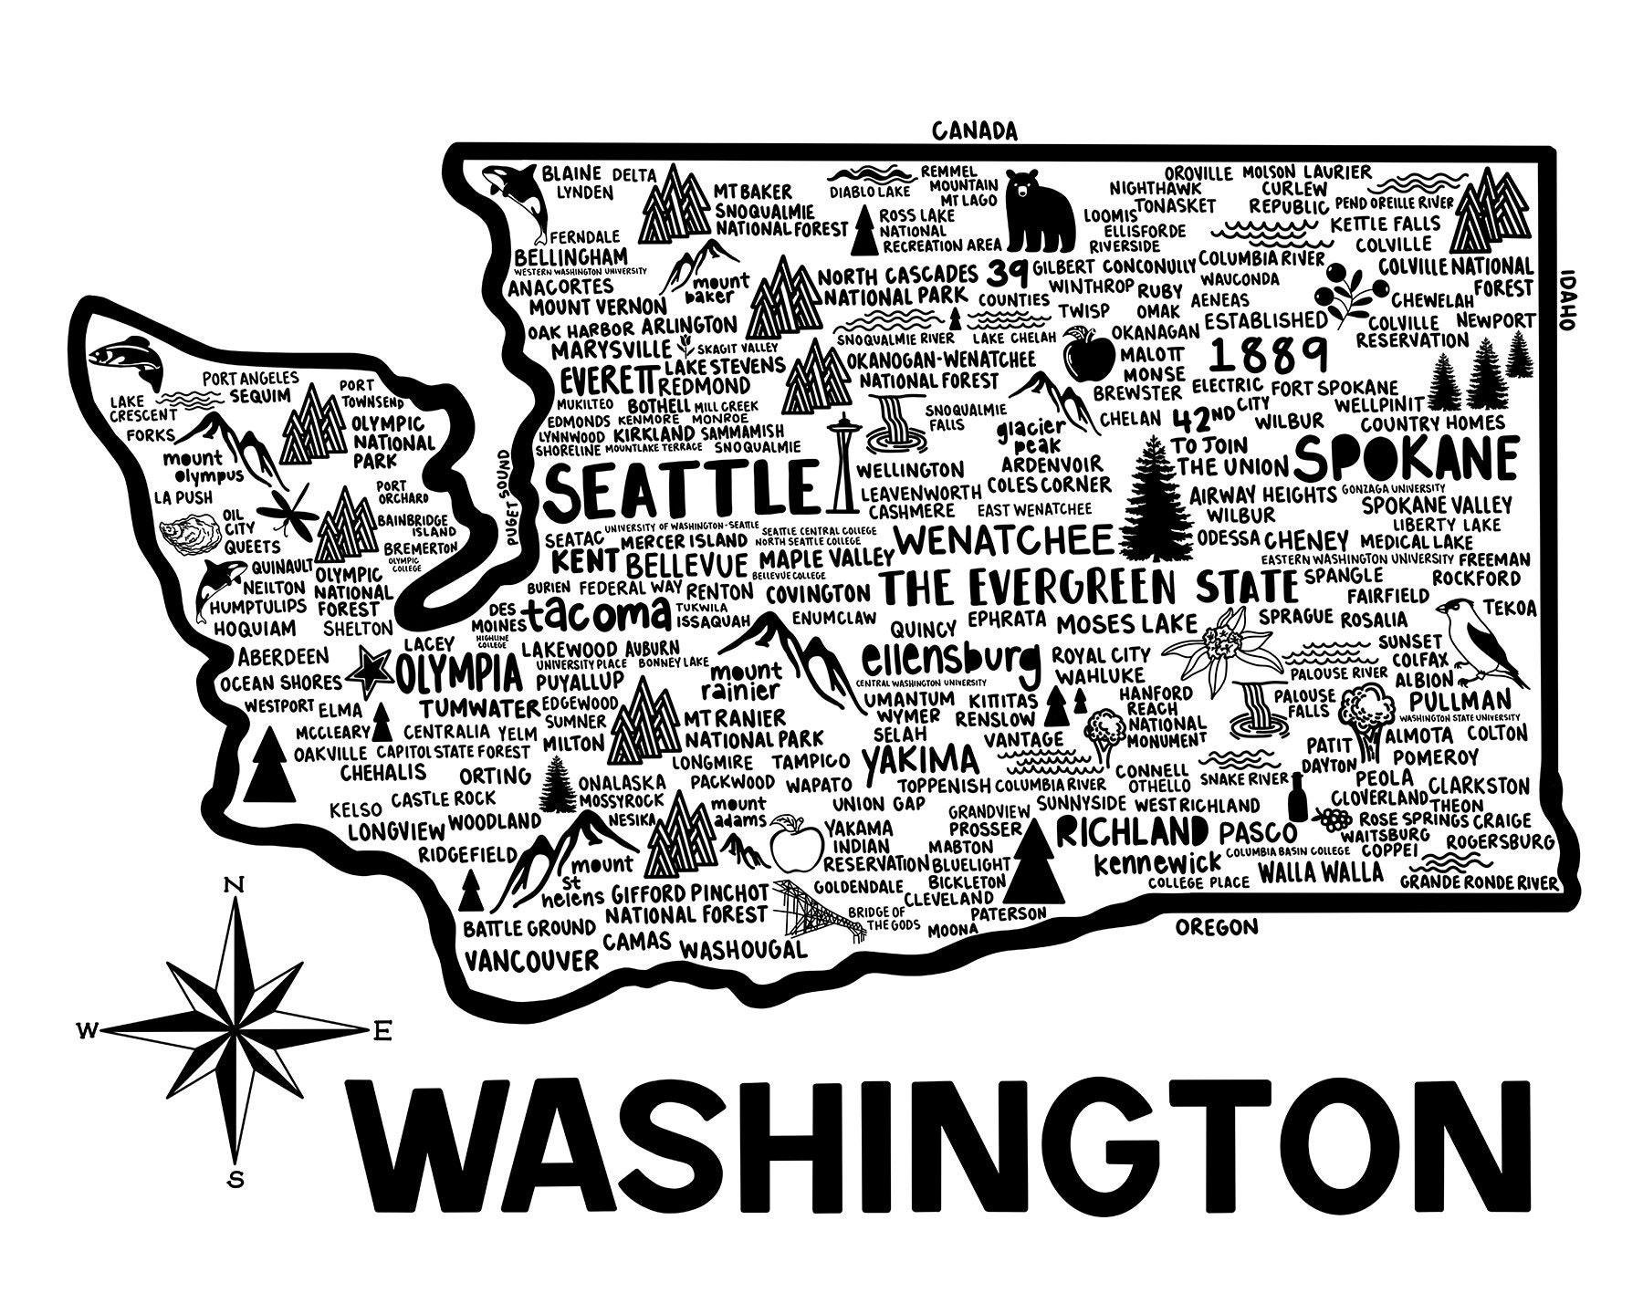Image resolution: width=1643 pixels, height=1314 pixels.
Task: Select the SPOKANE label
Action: [x=1406, y=457]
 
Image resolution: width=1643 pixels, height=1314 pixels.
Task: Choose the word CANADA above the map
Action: [x=973, y=130]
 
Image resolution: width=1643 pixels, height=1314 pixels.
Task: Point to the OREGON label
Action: [x=1216, y=927]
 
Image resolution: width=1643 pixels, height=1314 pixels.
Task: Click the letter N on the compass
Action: [x=235, y=884]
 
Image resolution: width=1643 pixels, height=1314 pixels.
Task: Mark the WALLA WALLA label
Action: [x=1307, y=871]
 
